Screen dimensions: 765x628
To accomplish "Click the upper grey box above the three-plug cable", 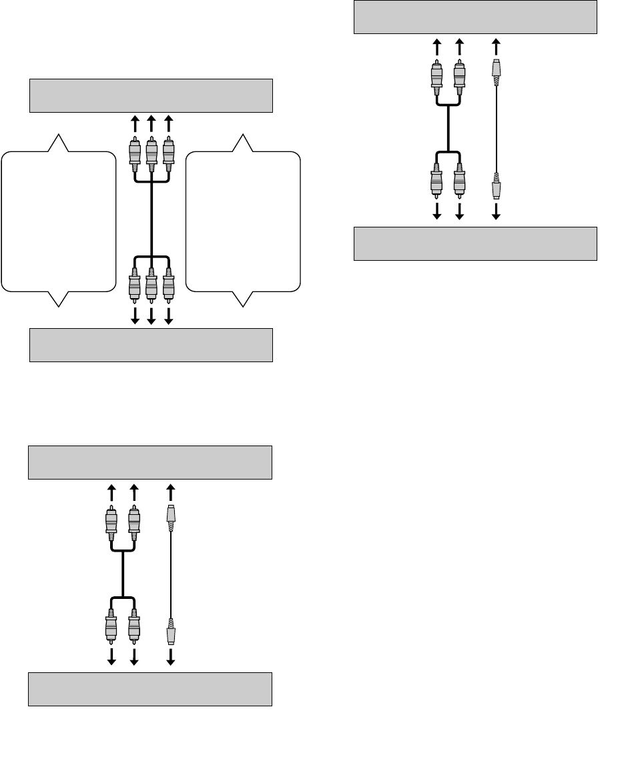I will pyautogui.click(x=151, y=95).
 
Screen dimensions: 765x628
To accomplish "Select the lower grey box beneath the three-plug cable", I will pyautogui.click(x=151, y=344).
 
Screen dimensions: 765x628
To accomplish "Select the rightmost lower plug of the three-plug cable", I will pyautogui.click(x=168, y=283).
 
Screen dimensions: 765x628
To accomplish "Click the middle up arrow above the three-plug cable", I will pyautogui.click(x=151, y=123).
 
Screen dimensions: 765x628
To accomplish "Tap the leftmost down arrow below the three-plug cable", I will pyautogui.click(x=134, y=314).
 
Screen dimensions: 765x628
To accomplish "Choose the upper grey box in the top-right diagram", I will pyautogui.click(x=475, y=16).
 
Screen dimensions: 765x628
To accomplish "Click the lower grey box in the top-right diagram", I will pyautogui.click(x=475, y=243).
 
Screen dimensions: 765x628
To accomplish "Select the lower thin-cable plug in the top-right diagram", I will pyautogui.click(x=496, y=186).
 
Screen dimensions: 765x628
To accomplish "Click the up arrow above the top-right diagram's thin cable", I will pyautogui.click(x=496, y=46).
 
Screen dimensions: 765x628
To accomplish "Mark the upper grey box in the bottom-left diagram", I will pyautogui.click(x=150, y=462).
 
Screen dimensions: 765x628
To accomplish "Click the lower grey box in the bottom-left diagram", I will pyautogui.click(x=150, y=689).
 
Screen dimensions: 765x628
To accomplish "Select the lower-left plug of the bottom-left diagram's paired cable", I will pyautogui.click(x=111, y=628).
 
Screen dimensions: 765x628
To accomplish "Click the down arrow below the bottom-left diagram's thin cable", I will pyautogui.click(x=171, y=658).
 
